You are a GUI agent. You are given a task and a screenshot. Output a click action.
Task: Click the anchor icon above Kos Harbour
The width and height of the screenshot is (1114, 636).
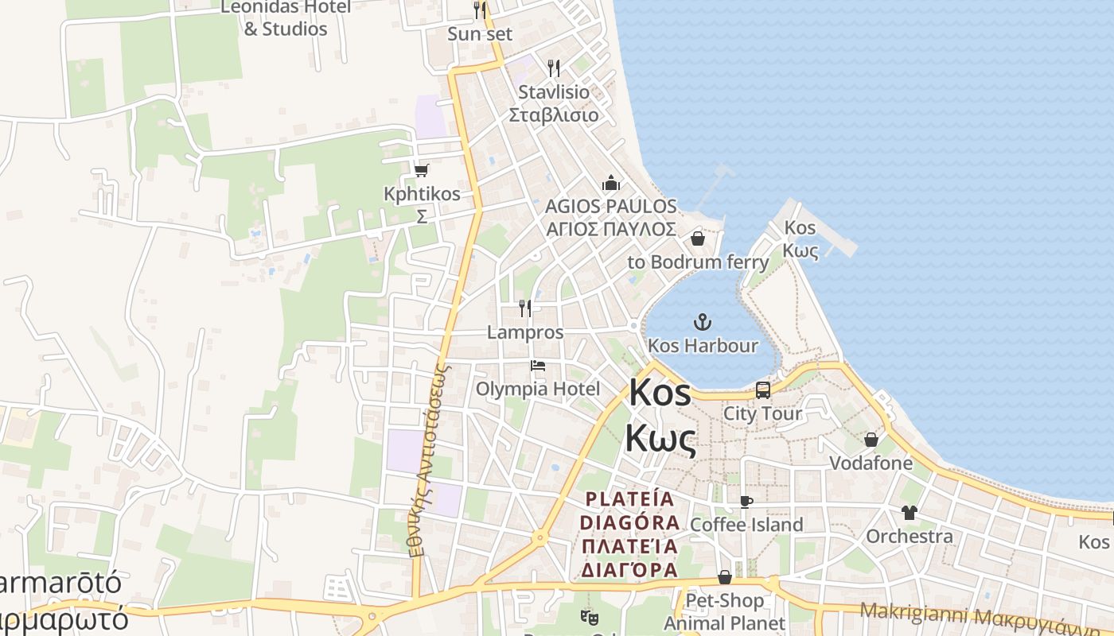(703, 322)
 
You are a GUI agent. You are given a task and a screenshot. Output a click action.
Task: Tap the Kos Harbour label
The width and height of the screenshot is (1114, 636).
(703, 346)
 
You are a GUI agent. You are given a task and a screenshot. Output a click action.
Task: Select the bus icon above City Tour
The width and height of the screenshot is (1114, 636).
(762, 390)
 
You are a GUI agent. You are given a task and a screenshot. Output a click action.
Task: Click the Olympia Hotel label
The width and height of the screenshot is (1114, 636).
(537, 389)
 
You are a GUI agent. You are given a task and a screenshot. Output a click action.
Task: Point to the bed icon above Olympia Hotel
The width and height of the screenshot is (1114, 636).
(538, 366)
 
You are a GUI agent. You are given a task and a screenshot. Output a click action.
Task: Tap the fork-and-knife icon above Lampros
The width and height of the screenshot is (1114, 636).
(524, 308)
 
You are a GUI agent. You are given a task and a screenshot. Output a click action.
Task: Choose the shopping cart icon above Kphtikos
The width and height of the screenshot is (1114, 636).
(421, 170)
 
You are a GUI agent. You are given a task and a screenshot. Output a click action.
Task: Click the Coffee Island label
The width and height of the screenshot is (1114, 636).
(746, 525)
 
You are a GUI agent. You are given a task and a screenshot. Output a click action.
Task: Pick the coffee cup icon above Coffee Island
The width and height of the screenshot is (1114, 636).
(746, 502)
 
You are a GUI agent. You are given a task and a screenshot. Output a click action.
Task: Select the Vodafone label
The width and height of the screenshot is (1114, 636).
(871, 463)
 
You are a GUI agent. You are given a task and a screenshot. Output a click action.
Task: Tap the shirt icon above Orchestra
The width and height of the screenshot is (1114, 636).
(909, 513)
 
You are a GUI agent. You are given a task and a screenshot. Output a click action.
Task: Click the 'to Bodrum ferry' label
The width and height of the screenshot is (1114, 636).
(698, 262)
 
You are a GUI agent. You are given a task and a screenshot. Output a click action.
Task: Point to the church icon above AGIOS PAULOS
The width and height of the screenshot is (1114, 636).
(610, 184)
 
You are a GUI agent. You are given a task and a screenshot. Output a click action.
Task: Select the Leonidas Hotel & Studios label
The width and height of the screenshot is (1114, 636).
(285, 18)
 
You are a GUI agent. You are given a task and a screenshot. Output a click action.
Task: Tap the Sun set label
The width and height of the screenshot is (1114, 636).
(480, 34)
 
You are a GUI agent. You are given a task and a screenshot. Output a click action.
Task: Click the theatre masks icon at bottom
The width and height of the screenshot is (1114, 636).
(590, 616)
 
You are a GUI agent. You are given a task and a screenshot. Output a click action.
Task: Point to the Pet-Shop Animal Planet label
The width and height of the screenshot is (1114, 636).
(724, 611)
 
